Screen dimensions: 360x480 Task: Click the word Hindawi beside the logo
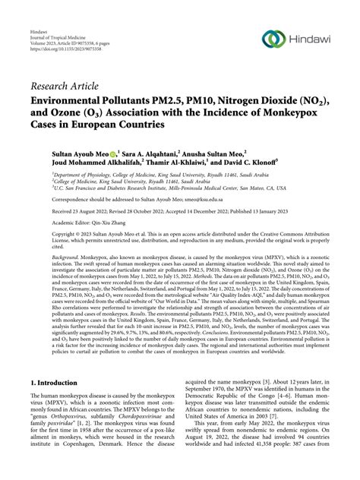(313, 40)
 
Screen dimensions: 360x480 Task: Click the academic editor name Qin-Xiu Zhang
(110, 223)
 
